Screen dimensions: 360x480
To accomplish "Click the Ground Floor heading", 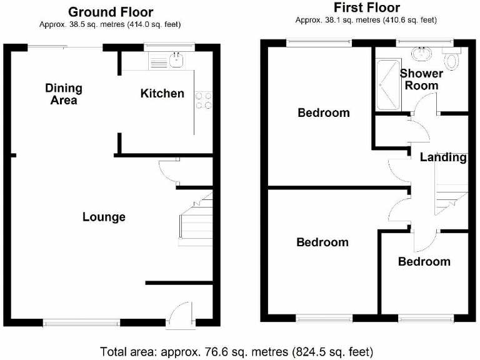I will (x=110, y=12).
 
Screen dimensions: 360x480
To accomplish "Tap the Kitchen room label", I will (x=162, y=94).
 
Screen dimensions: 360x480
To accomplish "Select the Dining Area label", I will (x=63, y=94).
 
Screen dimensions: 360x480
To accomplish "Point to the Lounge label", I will (x=104, y=217).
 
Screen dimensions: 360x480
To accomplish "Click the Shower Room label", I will (x=421, y=79).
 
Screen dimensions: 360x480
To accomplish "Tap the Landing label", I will (x=443, y=157).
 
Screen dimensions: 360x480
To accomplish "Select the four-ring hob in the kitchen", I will (x=203, y=101).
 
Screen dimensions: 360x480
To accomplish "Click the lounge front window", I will (x=81, y=323).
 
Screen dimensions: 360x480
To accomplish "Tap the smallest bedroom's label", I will (x=424, y=261).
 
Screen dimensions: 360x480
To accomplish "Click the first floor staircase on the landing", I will (x=451, y=194).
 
